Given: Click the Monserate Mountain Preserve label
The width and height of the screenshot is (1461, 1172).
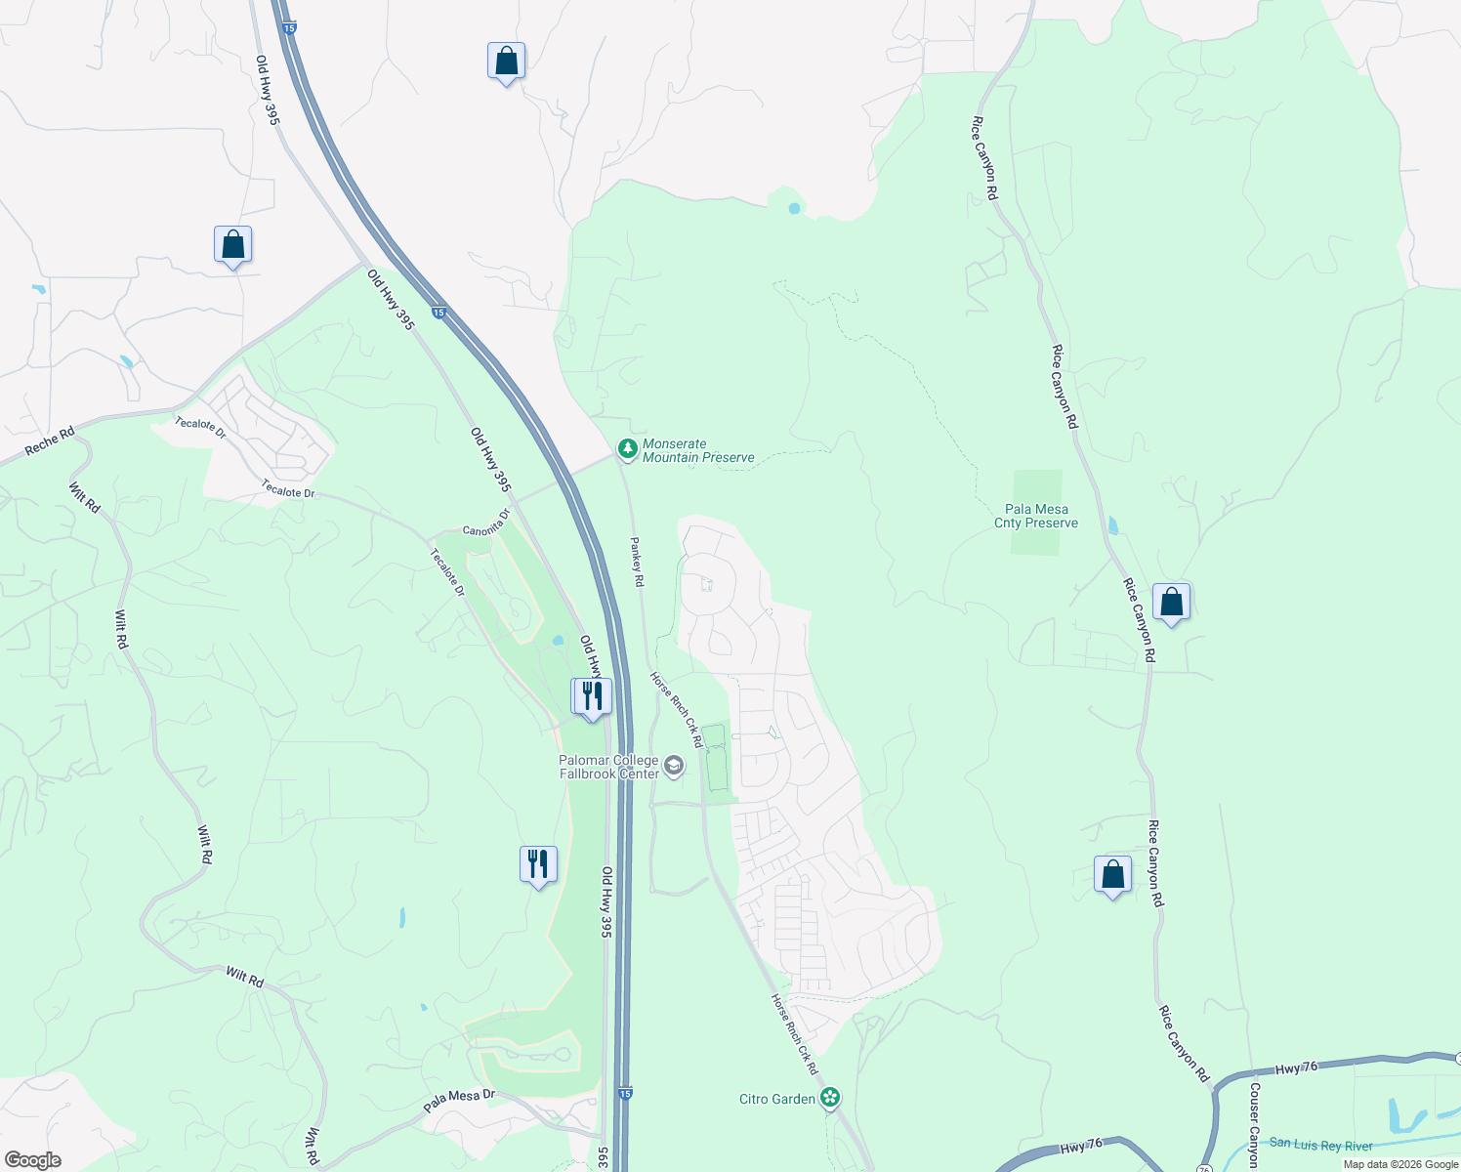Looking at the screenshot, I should pos(698,450).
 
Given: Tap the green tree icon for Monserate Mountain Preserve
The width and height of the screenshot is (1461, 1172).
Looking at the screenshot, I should pos(628,449).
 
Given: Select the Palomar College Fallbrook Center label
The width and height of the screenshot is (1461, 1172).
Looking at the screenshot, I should pos(608,767).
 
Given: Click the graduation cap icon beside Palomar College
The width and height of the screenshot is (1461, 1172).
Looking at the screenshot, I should pos(674,767).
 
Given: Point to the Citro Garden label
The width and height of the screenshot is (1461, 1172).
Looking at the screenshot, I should pos(777,1099).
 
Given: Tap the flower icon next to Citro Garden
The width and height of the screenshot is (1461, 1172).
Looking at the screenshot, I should pos(830,1098).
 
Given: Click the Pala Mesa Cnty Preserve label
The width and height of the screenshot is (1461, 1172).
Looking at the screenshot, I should pos(1036,516).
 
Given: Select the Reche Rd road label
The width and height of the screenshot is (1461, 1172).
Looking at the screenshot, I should pos(49,441).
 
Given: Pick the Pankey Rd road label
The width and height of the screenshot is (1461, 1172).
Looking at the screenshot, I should pos(637,562).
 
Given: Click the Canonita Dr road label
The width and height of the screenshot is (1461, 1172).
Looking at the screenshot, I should pos(486,523).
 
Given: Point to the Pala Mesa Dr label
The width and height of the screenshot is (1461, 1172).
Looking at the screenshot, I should pos(459,1101).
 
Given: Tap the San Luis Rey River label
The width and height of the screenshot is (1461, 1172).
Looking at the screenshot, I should pos(1320,1145).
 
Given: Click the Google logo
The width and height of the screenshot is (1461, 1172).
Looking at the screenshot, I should pos(33,1160).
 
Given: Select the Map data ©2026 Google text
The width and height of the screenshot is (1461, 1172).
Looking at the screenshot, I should pos(1400,1164).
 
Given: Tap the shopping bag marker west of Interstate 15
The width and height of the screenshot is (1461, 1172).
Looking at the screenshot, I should pos(232,244).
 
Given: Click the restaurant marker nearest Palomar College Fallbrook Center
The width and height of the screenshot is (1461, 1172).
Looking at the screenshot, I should pos(591,696).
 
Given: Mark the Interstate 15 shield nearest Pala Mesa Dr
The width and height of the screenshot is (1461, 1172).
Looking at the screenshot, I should pos(625,1092).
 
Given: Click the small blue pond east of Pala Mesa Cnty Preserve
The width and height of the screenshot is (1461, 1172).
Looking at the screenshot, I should pos(1113,525).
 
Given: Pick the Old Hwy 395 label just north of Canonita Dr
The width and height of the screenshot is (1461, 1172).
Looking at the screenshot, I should pos(490,459).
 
